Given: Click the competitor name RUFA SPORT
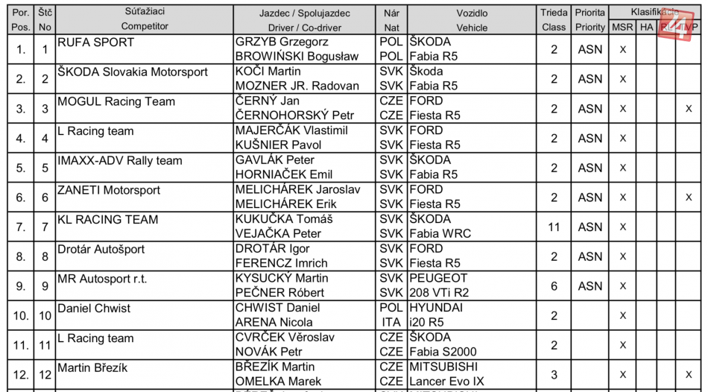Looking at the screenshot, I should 95,42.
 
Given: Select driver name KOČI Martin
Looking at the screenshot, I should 268,72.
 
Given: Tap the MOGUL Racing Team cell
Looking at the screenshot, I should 116,101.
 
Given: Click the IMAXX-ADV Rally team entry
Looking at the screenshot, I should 120,160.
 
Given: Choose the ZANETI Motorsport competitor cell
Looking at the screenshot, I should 109,190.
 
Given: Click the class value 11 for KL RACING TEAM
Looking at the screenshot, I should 554,227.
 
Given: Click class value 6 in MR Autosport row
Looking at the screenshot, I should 554,285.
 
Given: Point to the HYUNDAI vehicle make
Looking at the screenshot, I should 436,307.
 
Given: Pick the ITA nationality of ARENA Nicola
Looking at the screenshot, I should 391,322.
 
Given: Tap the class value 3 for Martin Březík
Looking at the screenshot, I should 554,373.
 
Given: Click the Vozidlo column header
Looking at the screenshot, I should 472,13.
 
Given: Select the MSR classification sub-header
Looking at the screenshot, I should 622,28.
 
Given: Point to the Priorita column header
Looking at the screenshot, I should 590,13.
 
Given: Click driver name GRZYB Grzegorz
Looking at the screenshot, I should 282,42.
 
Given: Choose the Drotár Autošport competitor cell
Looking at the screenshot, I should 101,249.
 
